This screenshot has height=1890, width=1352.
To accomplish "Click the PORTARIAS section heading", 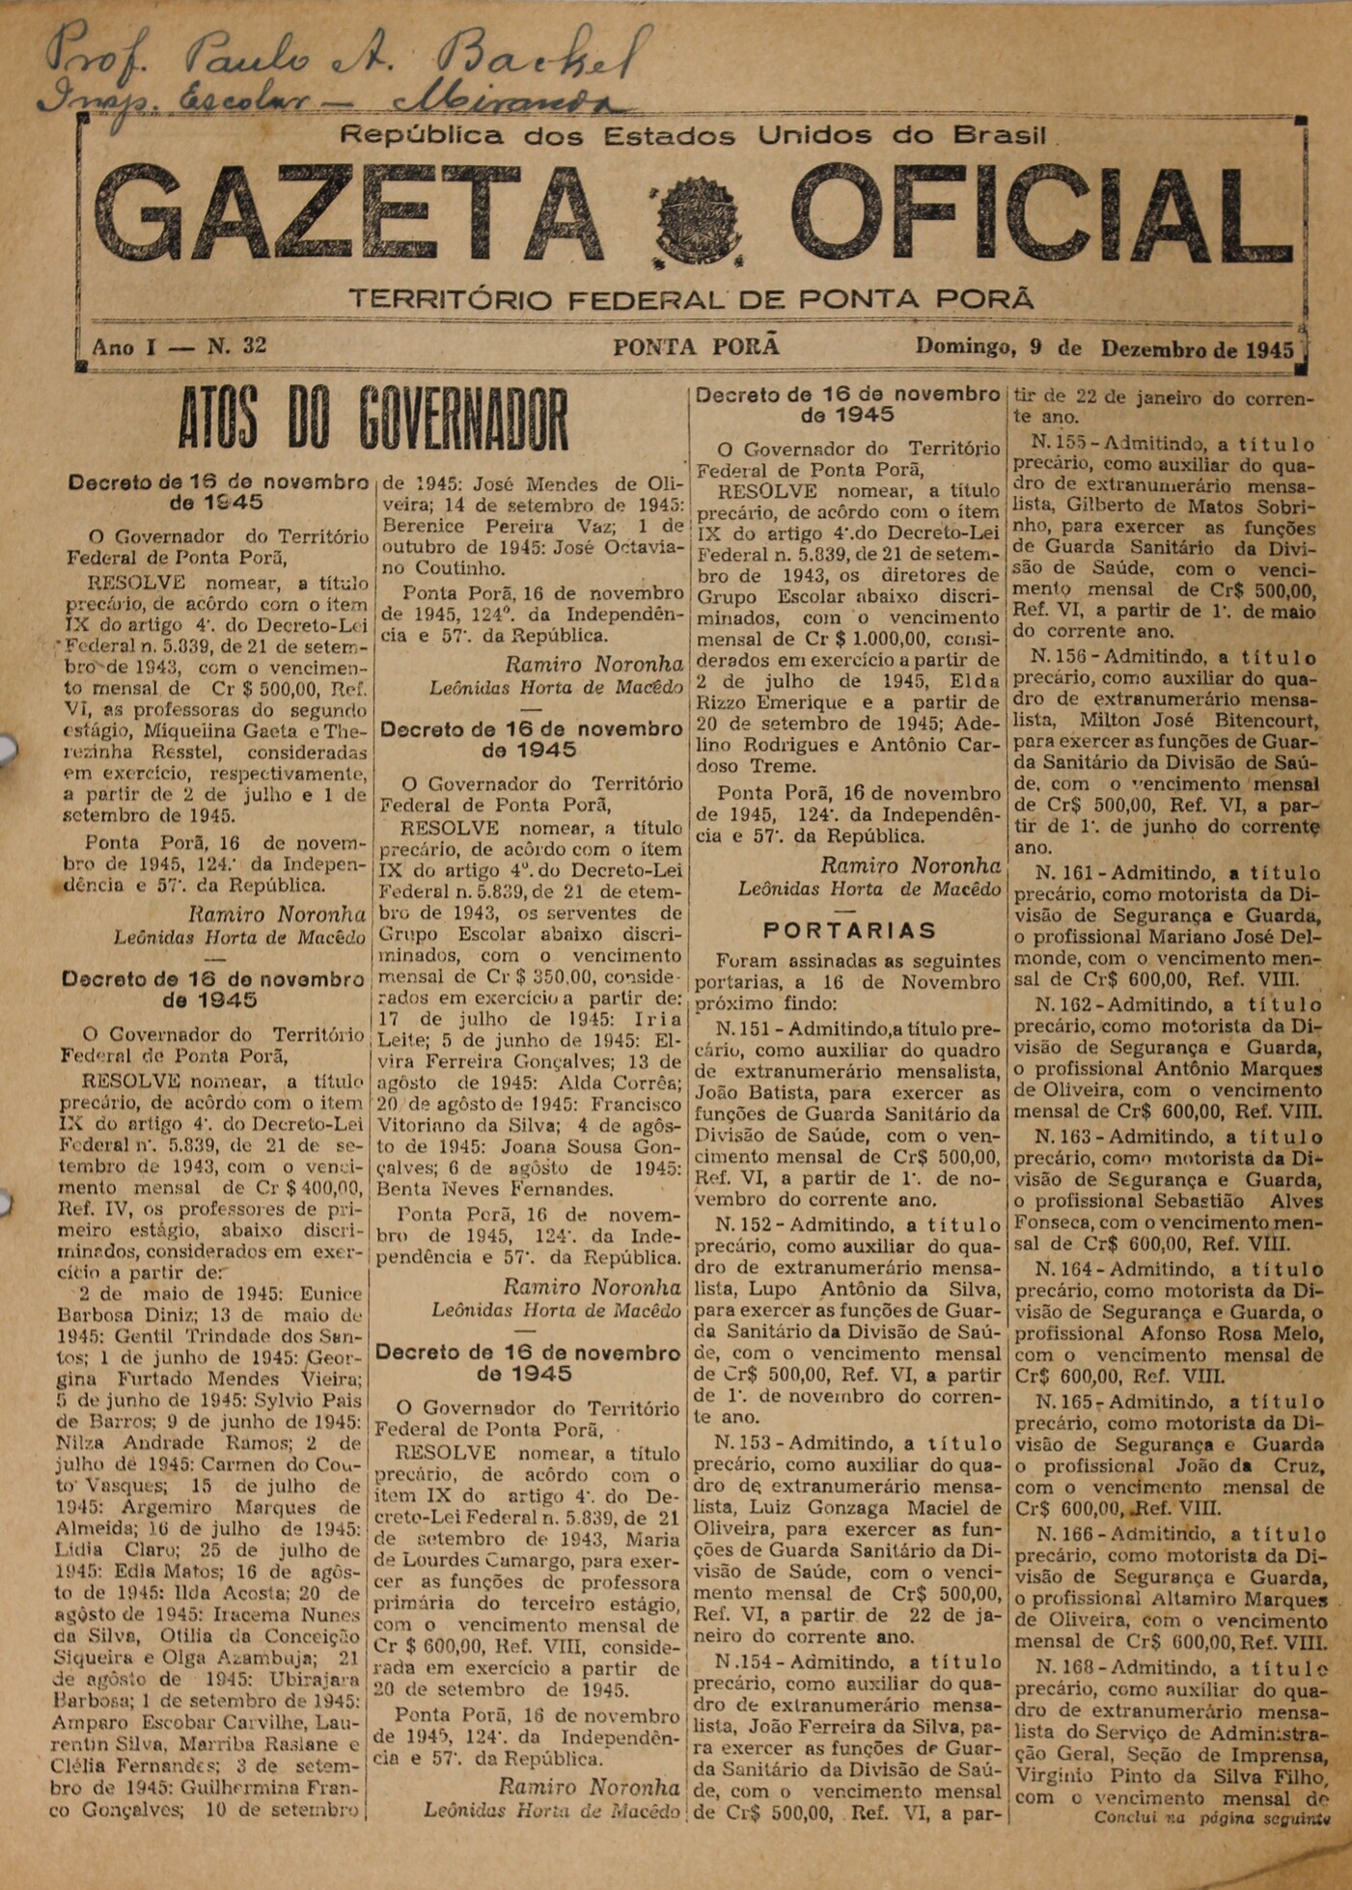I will [x=849, y=931].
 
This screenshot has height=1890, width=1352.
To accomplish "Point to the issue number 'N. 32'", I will [x=237, y=346].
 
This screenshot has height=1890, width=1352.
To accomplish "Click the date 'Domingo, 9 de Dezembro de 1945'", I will [x=1104, y=348].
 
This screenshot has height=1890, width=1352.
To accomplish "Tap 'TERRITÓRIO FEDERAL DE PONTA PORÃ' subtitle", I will [x=691, y=299].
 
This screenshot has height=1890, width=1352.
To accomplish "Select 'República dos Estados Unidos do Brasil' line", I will [x=694, y=136].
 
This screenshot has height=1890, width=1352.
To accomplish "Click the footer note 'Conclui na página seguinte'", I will [x=1212, y=1819].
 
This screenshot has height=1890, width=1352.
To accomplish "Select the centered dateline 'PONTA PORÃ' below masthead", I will [x=696, y=347].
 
